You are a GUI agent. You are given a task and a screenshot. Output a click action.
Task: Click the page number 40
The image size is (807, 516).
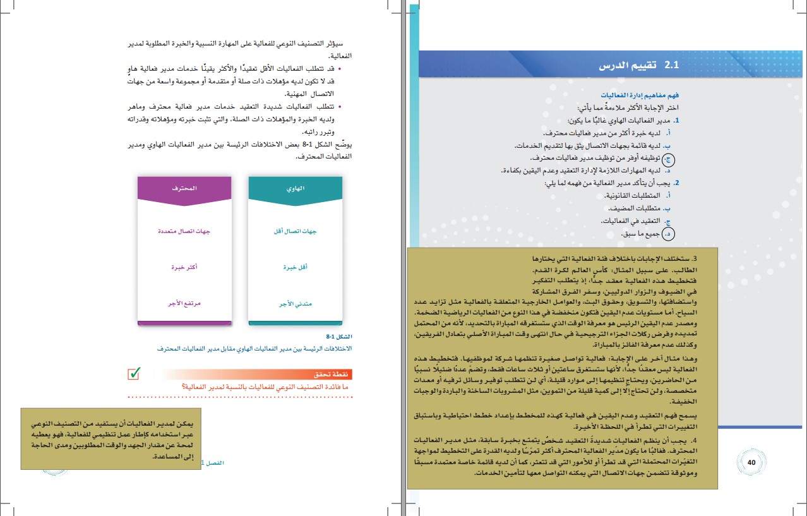click(x=751, y=462)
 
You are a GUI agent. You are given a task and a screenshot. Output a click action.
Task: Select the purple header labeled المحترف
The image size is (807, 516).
click(x=184, y=188)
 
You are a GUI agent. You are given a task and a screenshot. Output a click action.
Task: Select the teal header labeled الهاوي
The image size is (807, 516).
click(x=296, y=188)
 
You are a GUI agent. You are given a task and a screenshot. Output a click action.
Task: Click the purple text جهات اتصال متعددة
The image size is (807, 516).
click(x=184, y=231)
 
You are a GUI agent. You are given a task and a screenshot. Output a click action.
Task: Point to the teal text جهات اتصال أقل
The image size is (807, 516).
click(x=296, y=231)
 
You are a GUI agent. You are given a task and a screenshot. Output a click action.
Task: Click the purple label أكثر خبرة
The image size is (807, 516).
click(x=184, y=268)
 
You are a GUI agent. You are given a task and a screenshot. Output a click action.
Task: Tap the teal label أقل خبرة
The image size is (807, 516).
click(x=296, y=268)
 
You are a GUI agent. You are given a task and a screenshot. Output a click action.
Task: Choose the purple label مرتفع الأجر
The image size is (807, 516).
click(x=184, y=304)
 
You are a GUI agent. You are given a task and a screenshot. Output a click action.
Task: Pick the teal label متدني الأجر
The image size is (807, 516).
click(x=296, y=304)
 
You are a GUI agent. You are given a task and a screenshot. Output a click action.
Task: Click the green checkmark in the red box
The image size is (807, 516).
click(x=133, y=373)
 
